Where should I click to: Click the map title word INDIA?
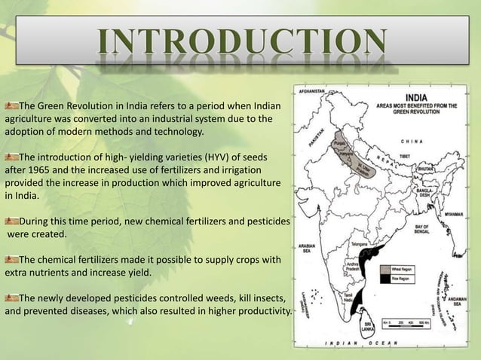pos(420,96)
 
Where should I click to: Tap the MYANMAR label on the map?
pos(453,214)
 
